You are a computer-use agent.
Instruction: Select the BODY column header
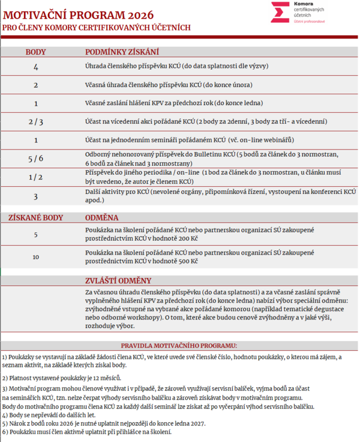(x=35, y=52)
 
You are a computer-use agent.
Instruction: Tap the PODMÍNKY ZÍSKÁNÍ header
(x=122, y=52)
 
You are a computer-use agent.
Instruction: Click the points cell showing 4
(x=35, y=65)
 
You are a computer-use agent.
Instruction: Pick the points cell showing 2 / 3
(x=35, y=121)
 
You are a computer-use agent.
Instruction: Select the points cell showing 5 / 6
(x=35, y=159)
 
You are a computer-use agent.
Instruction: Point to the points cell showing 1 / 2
(x=35, y=177)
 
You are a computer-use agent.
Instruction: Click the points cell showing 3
(x=35, y=196)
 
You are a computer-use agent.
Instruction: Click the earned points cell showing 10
(x=35, y=257)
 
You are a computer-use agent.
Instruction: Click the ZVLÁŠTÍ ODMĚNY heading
(x=119, y=280)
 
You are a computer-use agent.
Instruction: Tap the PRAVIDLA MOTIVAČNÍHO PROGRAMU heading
(x=179, y=345)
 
